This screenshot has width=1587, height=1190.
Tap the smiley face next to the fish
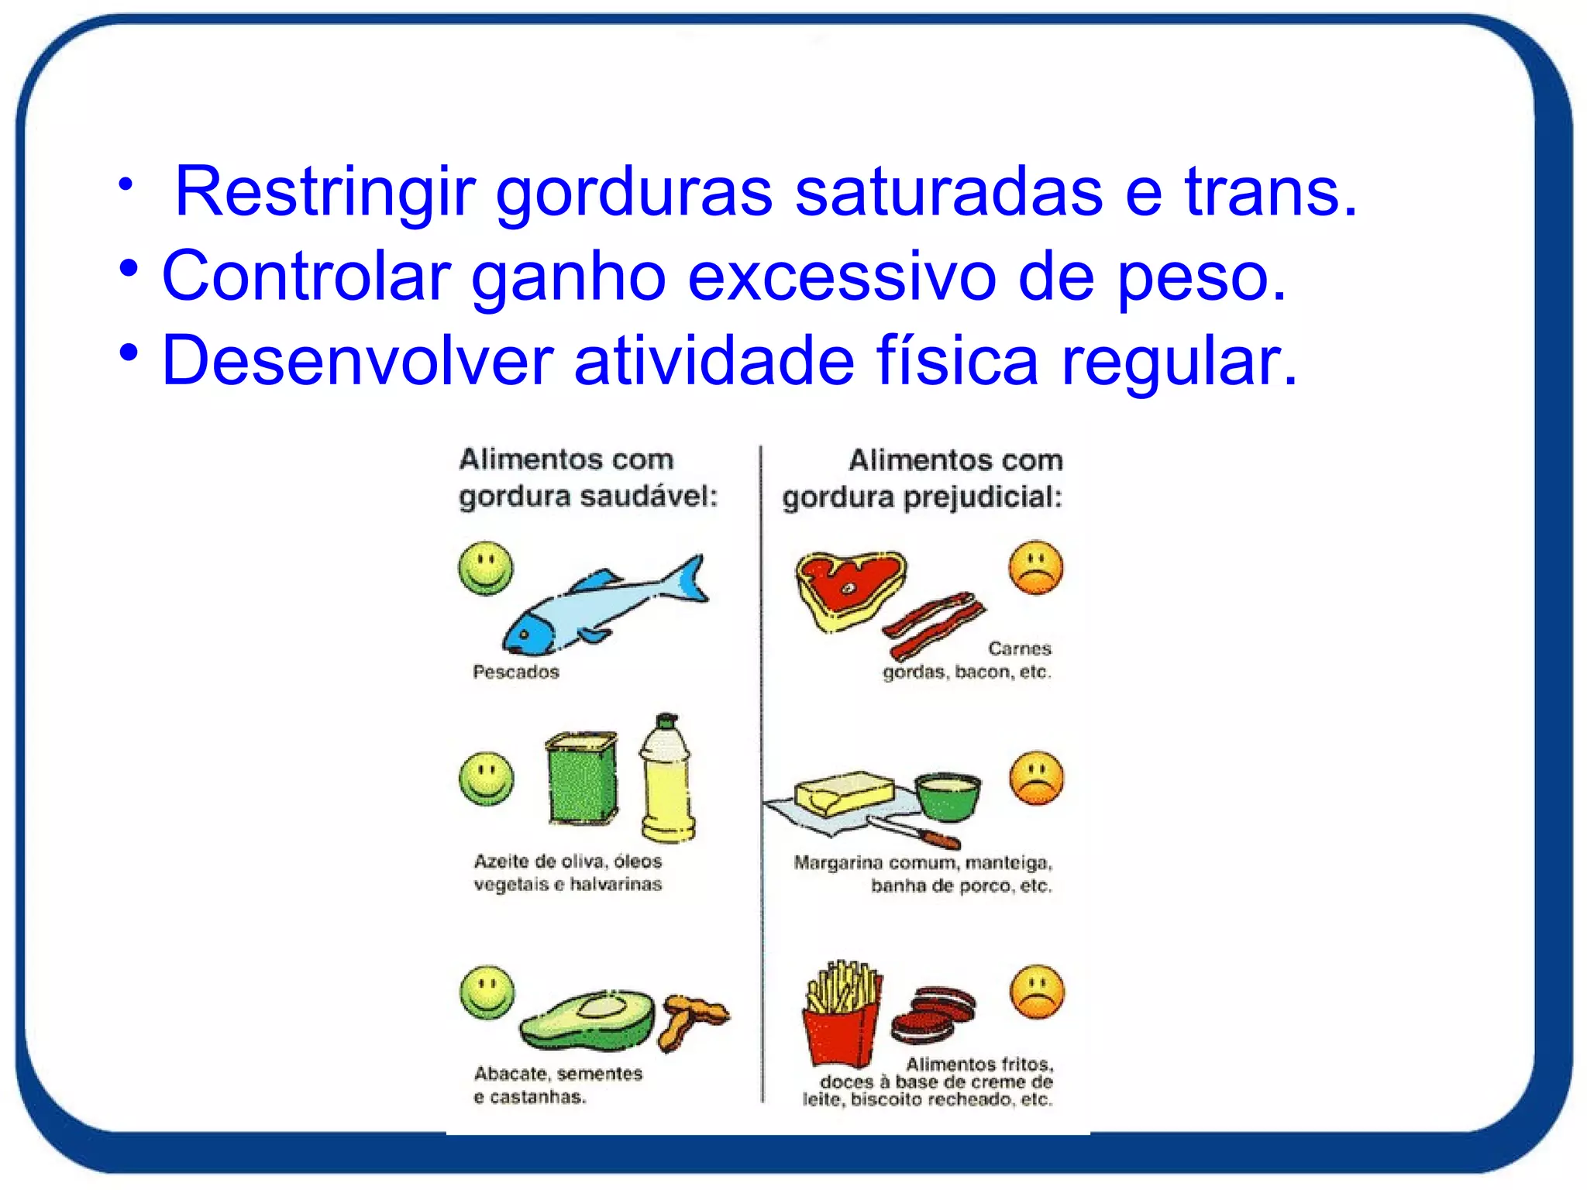(x=486, y=568)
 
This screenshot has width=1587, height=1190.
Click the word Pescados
(x=516, y=672)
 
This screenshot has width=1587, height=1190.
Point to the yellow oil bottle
(x=666, y=782)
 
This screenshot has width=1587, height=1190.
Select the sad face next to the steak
(x=1036, y=569)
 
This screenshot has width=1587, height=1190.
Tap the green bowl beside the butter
(x=947, y=796)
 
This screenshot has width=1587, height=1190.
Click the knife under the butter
(x=914, y=832)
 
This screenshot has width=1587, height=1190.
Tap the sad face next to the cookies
(x=1038, y=992)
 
